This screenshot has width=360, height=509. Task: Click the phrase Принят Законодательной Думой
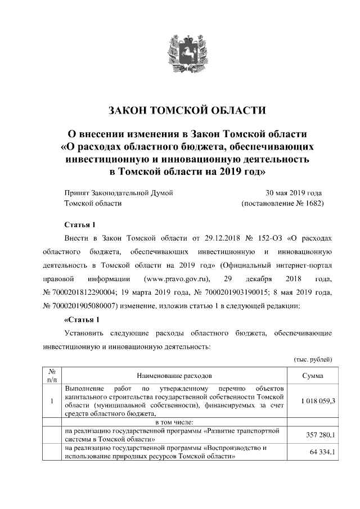[x=119, y=192]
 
